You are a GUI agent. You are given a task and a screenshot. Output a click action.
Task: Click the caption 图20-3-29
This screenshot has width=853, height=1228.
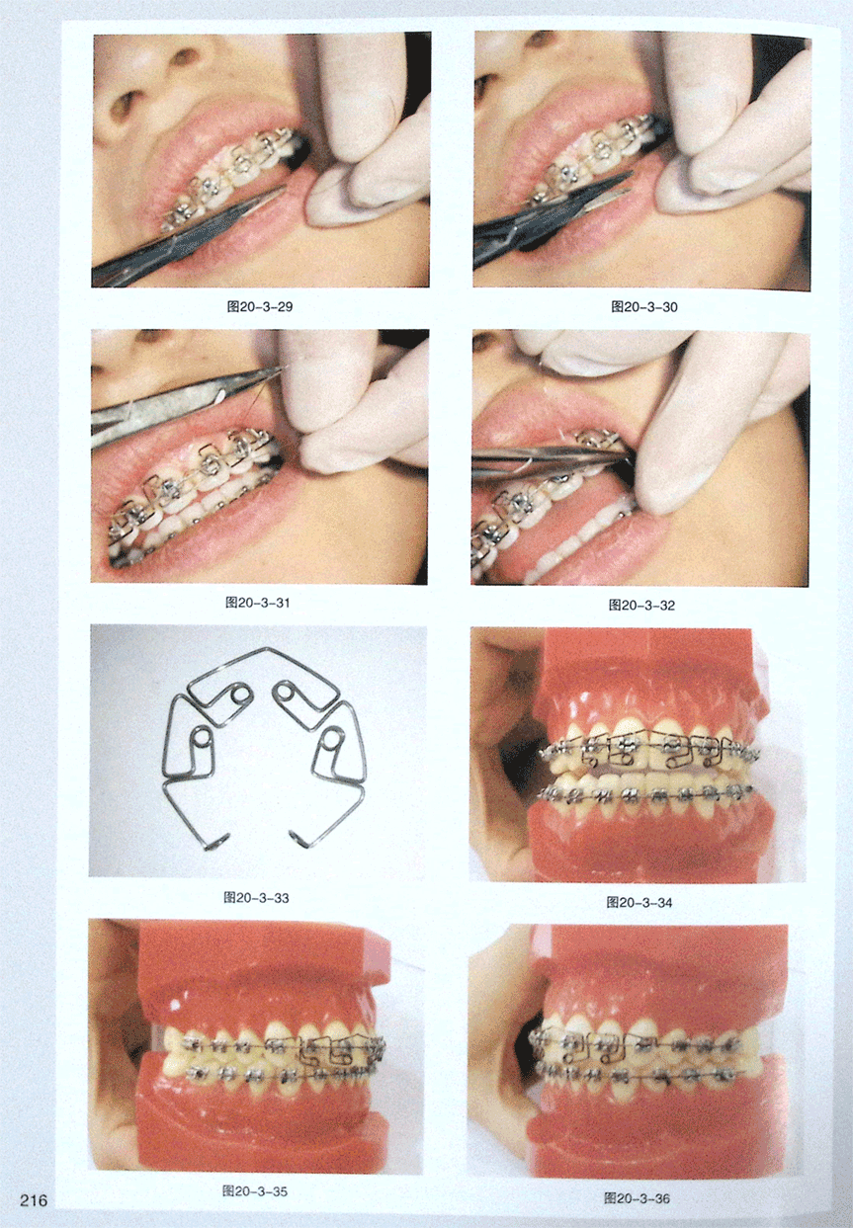260,306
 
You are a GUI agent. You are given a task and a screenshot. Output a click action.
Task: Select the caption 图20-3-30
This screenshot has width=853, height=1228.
644,307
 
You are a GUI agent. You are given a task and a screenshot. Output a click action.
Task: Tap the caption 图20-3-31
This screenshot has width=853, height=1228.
257,603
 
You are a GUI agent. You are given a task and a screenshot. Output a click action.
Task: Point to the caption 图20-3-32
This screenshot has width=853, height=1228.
641,606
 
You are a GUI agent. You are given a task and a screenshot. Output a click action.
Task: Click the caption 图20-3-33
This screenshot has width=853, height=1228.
256,897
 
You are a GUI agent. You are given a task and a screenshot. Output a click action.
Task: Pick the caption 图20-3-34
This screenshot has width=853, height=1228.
640,902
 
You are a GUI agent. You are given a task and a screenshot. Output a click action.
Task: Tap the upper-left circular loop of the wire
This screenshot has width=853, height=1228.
239,695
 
